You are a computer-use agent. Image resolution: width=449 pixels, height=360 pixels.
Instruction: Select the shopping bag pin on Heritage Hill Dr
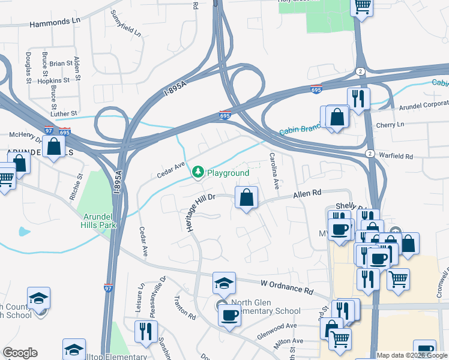(246, 197)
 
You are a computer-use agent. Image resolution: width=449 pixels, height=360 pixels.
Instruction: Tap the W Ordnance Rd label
(287, 287)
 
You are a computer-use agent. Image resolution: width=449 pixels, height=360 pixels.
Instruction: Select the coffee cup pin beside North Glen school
(229, 315)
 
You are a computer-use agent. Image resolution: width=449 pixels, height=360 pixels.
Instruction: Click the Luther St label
(64, 113)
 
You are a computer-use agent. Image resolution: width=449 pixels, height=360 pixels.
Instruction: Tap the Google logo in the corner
(20, 353)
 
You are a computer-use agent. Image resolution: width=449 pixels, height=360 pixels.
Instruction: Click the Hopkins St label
(56, 80)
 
